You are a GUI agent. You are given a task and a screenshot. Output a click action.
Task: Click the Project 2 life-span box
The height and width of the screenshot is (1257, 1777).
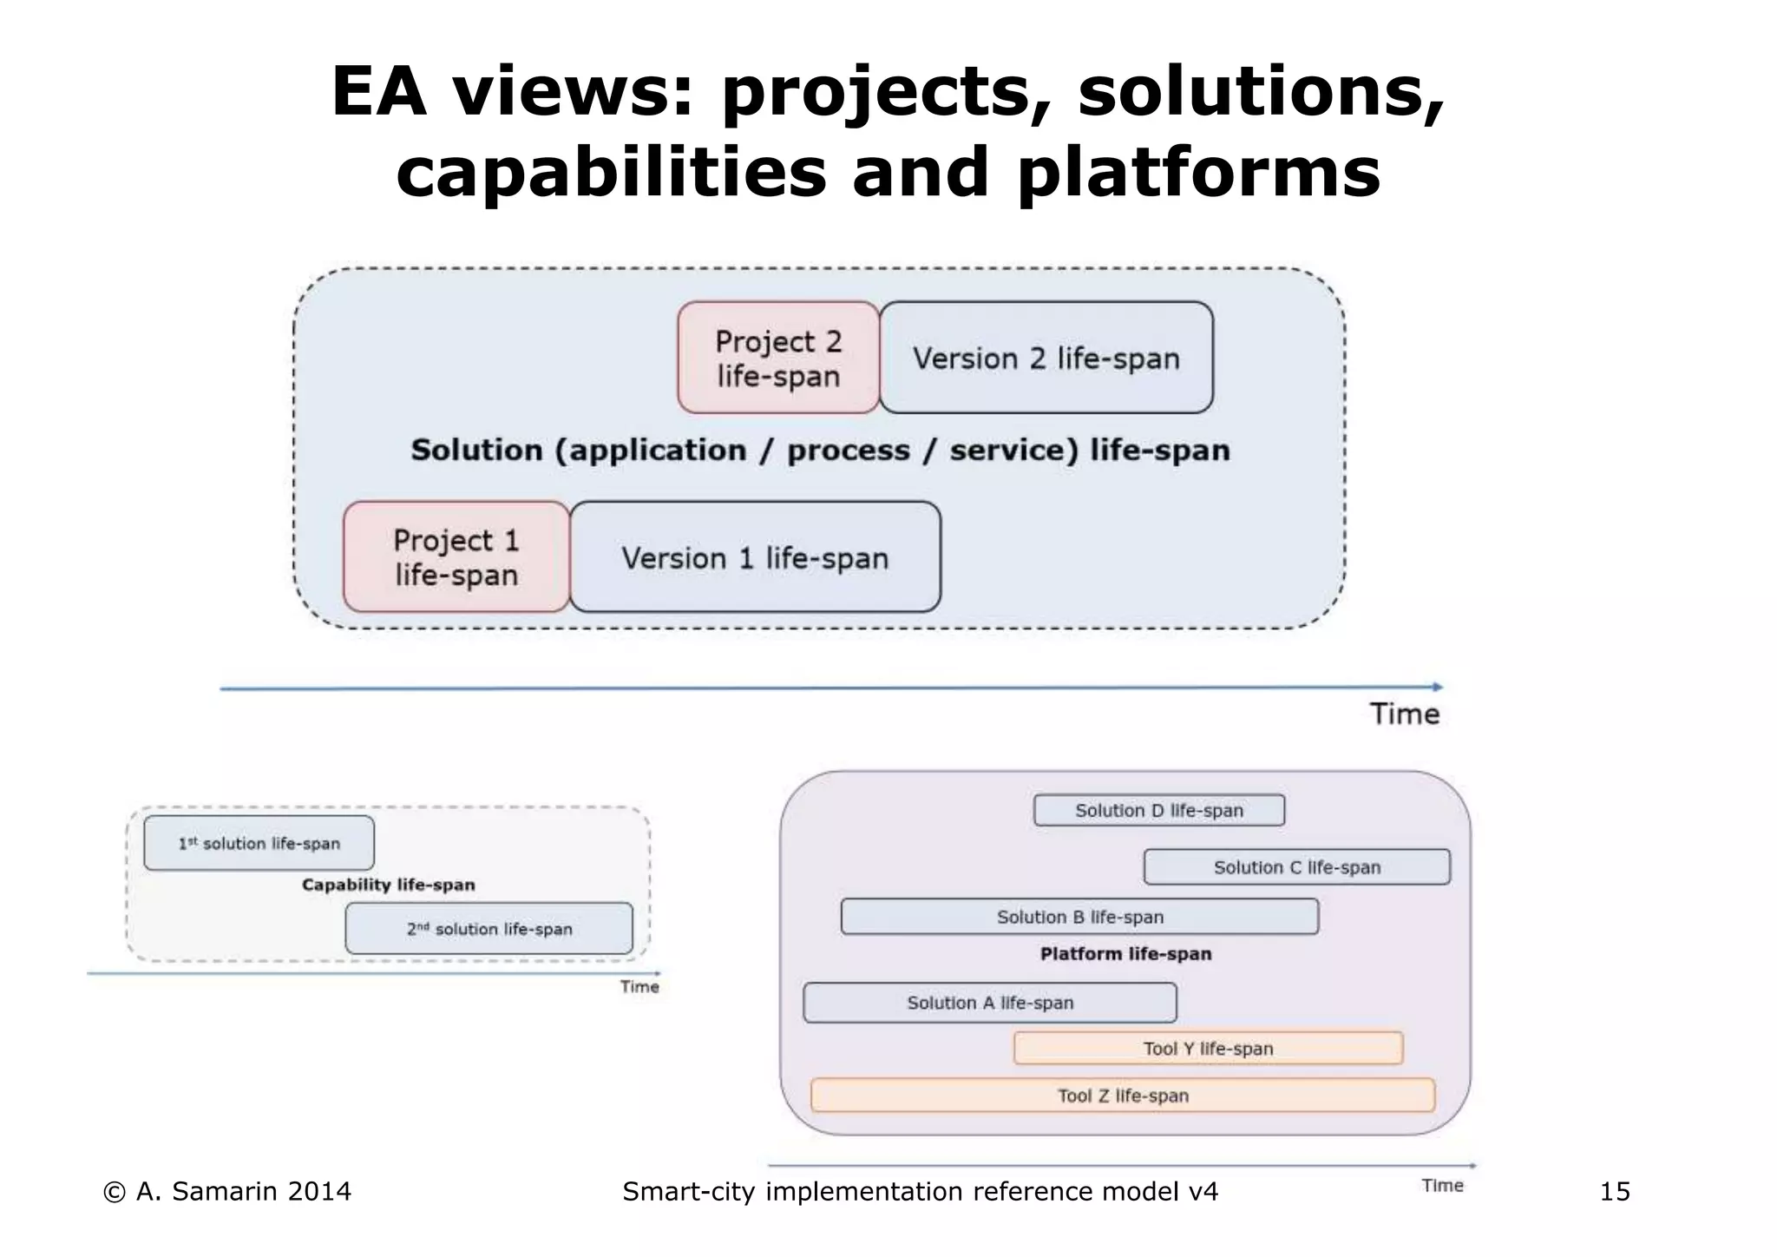[x=778, y=358]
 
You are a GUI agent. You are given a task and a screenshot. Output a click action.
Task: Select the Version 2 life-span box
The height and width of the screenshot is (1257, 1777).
[x=1046, y=358]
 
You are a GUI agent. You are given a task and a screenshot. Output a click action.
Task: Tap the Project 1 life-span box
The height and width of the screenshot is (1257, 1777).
[x=456, y=556]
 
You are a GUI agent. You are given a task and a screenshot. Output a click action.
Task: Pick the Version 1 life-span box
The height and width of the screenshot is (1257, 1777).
[x=755, y=557]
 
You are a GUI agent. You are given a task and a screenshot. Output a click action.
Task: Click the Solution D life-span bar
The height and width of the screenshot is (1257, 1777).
[x=1158, y=810]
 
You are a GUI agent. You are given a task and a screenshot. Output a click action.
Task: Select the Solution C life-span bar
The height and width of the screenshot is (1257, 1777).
[x=1296, y=867]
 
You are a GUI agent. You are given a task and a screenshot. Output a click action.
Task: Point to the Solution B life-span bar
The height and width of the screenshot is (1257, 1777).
[x=1079, y=917]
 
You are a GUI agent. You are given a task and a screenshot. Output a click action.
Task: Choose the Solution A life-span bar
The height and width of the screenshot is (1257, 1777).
[x=990, y=1003]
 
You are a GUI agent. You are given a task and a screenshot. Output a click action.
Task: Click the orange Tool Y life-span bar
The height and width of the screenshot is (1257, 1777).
[x=1208, y=1048]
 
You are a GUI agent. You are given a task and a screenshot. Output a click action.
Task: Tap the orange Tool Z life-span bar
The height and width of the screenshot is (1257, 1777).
[x=1122, y=1096]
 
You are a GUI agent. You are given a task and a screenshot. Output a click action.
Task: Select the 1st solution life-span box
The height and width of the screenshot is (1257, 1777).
[x=259, y=843]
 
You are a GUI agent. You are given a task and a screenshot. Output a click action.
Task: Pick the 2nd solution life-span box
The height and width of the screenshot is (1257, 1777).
[x=489, y=929]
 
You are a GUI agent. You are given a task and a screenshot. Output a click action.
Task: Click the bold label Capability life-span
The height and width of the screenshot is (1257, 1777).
[x=388, y=885]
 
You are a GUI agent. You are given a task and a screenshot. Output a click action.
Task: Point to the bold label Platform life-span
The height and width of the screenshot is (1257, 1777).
[x=1125, y=953]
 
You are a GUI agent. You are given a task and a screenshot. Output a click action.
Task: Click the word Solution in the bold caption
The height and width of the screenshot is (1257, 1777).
[x=475, y=450]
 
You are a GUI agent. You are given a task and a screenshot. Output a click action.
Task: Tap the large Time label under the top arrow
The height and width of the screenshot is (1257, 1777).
[x=1404, y=714]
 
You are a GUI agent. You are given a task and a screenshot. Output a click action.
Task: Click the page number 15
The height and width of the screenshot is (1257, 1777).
[x=1614, y=1191]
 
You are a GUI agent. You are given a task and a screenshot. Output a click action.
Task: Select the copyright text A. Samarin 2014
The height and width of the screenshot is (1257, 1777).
[x=227, y=1191]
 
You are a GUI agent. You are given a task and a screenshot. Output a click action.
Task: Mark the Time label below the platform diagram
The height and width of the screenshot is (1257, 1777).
[x=1442, y=1185]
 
